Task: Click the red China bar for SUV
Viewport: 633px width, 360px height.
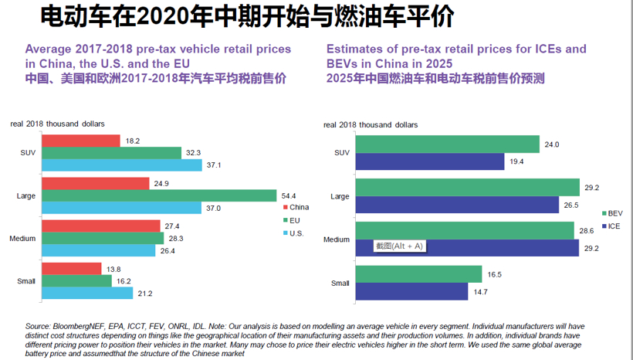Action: (x=81, y=141)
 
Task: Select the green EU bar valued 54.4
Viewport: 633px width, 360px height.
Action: (x=159, y=195)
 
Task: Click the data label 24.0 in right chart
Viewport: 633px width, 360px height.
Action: (x=551, y=144)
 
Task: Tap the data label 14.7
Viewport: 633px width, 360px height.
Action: (x=481, y=291)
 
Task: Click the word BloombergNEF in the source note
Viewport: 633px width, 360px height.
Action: (x=72, y=326)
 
